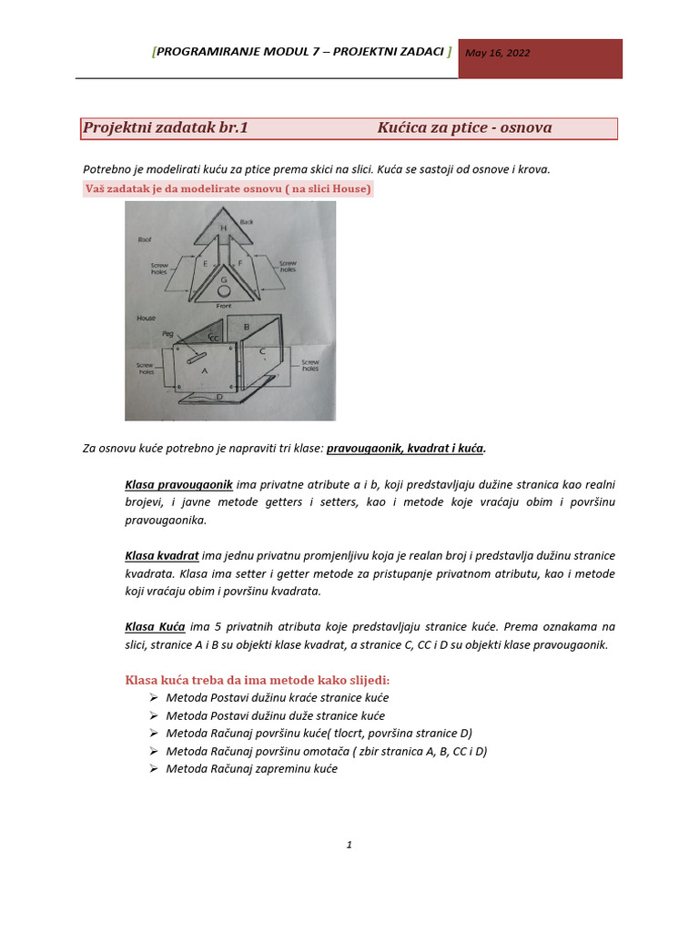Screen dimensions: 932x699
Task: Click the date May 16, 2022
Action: [x=497, y=53]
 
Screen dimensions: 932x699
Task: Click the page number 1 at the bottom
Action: [x=349, y=845]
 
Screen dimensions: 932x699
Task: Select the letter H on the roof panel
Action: [x=223, y=227]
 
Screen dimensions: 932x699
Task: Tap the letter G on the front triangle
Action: [x=223, y=279]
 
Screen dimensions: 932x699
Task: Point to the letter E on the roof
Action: [x=206, y=263]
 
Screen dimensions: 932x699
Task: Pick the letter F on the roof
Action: [x=239, y=263]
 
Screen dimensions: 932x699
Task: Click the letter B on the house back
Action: [x=247, y=326]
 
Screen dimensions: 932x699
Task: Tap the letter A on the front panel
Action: [x=204, y=370]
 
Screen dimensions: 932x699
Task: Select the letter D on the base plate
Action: [x=218, y=397]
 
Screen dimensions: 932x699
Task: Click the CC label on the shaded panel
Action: [x=213, y=338]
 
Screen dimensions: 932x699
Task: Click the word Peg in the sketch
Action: [x=167, y=334]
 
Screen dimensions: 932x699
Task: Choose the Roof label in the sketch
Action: [x=144, y=240]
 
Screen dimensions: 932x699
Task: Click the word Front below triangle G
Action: [x=224, y=307]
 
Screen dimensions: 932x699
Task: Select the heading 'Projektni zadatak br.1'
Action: [x=166, y=127]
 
